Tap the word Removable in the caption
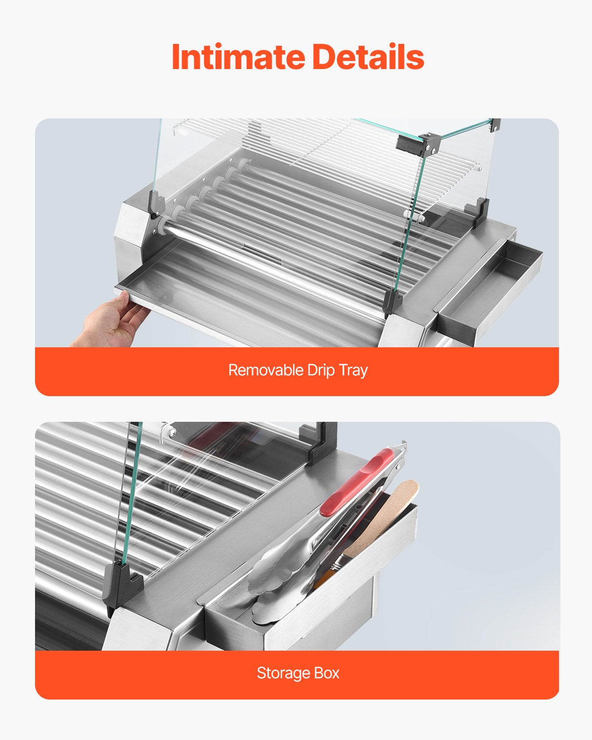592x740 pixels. click(x=265, y=370)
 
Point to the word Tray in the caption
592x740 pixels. click(x=353, y=370)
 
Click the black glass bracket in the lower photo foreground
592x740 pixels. click(x=123, y=585)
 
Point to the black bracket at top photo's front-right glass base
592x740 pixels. click(x=392, y=302)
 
